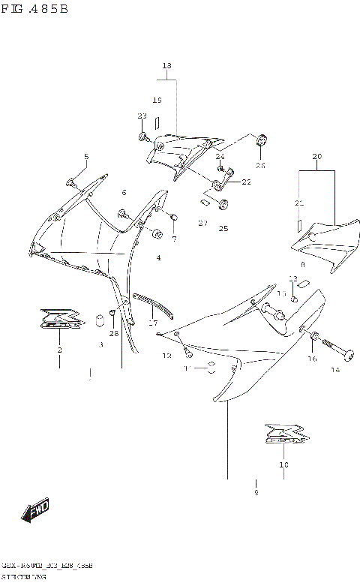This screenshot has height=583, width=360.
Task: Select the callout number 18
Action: pos(166,66)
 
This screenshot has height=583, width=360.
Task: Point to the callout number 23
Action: pos(142,116)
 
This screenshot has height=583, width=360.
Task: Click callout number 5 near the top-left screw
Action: pos(86,157)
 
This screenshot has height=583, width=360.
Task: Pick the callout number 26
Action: pos(260,165)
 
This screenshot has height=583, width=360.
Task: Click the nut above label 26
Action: pos(263,140)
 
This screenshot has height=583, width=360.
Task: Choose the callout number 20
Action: pos(316,156)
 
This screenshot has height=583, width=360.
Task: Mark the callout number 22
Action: pos(246,182)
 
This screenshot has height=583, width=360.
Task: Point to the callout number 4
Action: pos(158,258)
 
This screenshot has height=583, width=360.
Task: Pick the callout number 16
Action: pos(312,359)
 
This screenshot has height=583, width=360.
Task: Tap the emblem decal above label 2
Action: pos(60,320)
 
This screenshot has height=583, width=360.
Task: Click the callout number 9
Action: pos(256,492)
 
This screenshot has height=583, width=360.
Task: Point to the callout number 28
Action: pos(114,333)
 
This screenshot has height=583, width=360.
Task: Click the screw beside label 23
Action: pos(142,137)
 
